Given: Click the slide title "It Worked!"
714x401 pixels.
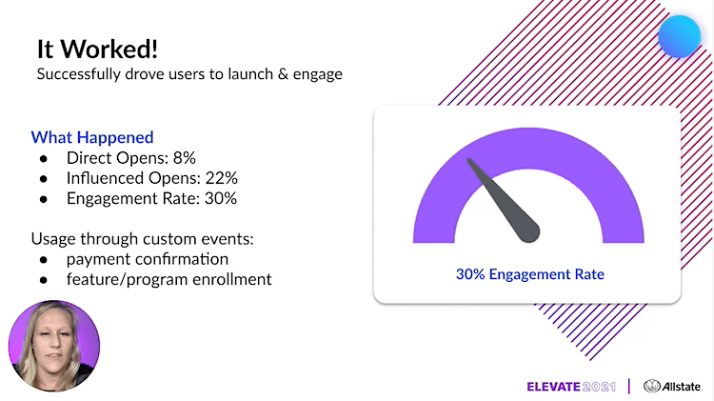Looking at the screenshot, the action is click(97, 49).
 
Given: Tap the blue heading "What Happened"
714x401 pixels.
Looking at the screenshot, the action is click(92, 137).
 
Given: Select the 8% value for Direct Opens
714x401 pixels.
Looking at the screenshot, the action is click(185, 158).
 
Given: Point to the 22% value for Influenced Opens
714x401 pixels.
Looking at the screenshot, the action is click(221, 178).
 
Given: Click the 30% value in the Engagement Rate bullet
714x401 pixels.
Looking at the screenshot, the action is click(221, 198).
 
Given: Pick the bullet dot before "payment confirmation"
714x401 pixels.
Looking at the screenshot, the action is click(44, 260).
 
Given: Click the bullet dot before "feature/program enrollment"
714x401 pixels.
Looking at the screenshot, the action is click(44, 280).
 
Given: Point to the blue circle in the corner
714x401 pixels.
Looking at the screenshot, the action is click(679, 36).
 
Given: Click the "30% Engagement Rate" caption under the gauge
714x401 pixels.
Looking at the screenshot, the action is click(530, 274).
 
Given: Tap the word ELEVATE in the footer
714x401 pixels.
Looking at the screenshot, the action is click(553, 387).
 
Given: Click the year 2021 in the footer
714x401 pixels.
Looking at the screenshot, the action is click(599, 387).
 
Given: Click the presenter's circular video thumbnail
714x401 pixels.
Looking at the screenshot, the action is click(54, 346).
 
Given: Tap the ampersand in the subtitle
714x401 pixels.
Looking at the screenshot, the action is click(284, 74).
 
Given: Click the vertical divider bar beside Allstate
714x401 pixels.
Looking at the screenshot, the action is click(629, 386).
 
